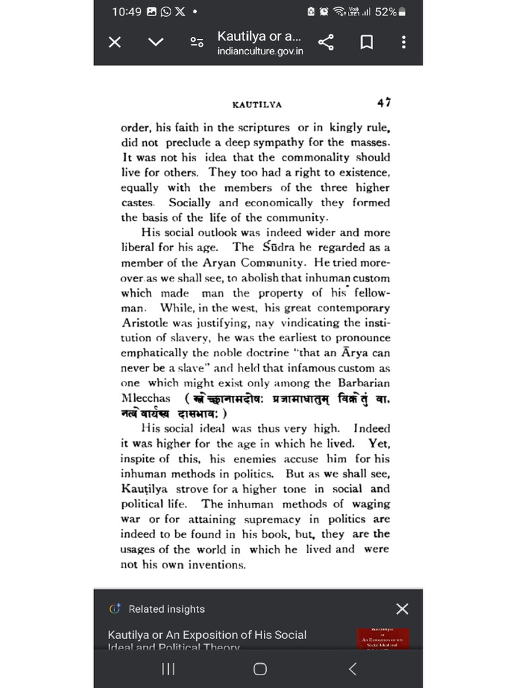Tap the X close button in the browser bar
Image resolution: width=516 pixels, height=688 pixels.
tap(115, 42)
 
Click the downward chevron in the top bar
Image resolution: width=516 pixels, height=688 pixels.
tap(155, 42)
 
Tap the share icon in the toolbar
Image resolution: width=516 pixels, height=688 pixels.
tap(326, 42)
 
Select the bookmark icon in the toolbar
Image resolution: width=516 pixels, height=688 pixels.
tap(366, 42)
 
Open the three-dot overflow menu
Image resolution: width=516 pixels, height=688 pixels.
tap(403, 42)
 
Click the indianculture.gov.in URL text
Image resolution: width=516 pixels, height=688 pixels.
tap(260, 51)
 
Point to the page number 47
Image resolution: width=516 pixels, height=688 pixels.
tap(384, 103)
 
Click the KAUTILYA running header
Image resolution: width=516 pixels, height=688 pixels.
tap(257, 105)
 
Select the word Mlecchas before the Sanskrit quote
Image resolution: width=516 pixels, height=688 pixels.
tap(146, 398)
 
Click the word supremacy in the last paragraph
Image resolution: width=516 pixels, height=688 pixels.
tap(272, 519)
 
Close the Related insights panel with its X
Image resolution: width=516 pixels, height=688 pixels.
tap(402, 609)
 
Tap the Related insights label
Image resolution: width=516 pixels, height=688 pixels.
tap(167, 609)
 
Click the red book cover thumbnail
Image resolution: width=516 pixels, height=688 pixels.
tap(383, 638)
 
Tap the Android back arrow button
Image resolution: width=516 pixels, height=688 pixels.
tap(352, 669)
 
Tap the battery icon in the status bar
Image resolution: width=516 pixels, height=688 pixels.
tap(402, 12)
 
